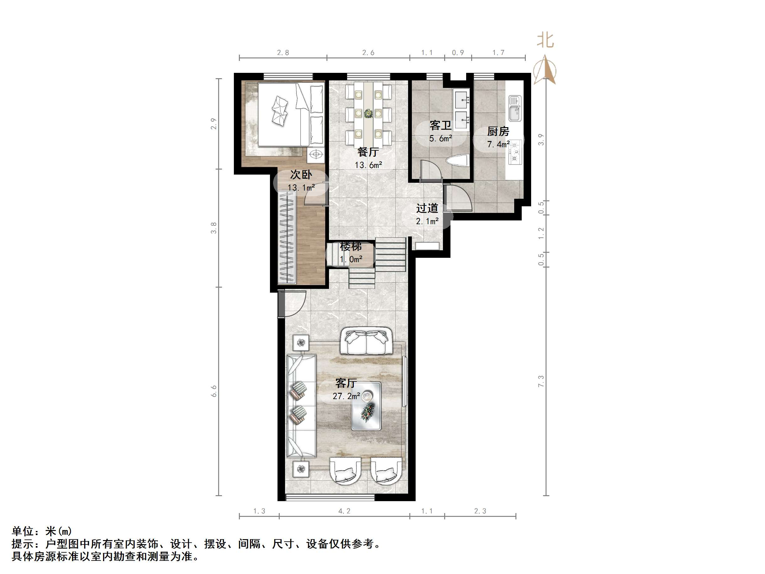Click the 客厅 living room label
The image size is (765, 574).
click(x=346, y=383)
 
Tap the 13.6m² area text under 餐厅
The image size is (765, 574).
click(x=368, y=165)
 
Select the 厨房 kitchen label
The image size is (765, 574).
click(x=498, y=132)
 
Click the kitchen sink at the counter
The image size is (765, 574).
click(x=514, y=108)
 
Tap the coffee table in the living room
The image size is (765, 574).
click(x=366, y=406)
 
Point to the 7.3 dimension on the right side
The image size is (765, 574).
click(x=541, y=381)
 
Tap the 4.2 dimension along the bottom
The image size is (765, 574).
click(x=344, y=511)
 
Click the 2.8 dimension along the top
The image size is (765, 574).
click(x=283, y=52)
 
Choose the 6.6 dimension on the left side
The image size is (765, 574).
click(x=214, y=391)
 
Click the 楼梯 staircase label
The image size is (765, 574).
click(x=351, y=246)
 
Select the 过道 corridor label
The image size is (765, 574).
click(x=427, y=208)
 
